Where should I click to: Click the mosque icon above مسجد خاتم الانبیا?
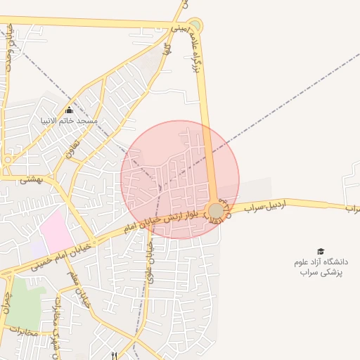coord(69,110)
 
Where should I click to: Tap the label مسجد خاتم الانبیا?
coord(69,121)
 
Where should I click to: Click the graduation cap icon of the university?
coord(321,251)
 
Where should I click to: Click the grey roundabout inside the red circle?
coord(217,210)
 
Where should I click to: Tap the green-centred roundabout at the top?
coord(195,26)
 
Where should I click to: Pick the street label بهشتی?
coord(31,180)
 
